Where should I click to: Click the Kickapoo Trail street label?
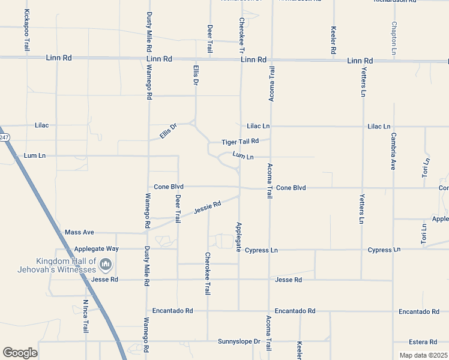pyautogui.click(x=26, y=30)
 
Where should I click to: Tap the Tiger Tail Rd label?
pyautogui.click(x=240, y=142)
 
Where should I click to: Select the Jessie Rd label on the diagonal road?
pyautogui.click(x=207, y=208)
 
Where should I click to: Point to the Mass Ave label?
pyautogui.click(x=79, y=232)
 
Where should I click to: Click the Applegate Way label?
pyautogui.click(x=97, y=248)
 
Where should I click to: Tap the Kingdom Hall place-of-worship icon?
pyautogui.click(x=106, y=264)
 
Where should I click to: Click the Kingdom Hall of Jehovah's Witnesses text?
pyautogui.click(x=65, y=265)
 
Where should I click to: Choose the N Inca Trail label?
pyautogui.click(x=86, y=317)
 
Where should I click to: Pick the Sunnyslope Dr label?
pyautogui.click(x=238, y=341)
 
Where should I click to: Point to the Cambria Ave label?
pyautogui.click(x=394, y=151)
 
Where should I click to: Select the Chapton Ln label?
pyautogui.click(x=394, y=38)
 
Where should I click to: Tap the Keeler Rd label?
pyautogui.click(x=333, y=41)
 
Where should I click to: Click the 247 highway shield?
pyautogui.click(x=4, y=137)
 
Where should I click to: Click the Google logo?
pyautogui.click(x=20, y=352)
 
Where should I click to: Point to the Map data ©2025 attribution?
pyautogui.click(x=423, y=355)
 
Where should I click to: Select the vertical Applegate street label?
pyautogui.click(x=238, y=236)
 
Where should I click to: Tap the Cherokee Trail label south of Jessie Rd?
pyautogui.click(x=208, y=273)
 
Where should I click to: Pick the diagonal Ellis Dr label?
pyautogui.click(x=169, y=131)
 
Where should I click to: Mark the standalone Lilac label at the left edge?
pyautogui.click(x=41, y=125)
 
